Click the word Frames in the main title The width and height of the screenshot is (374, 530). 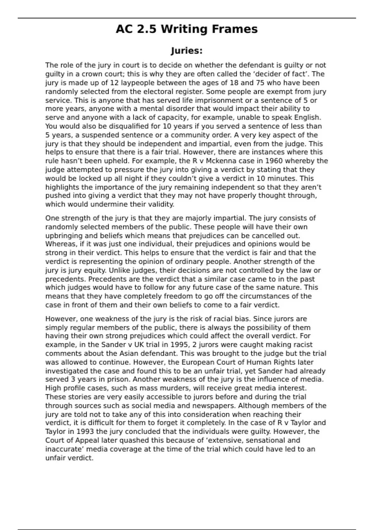[235, 29]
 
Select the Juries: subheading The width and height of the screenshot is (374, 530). [187, 51]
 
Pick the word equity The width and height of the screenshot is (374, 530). [93, 270]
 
